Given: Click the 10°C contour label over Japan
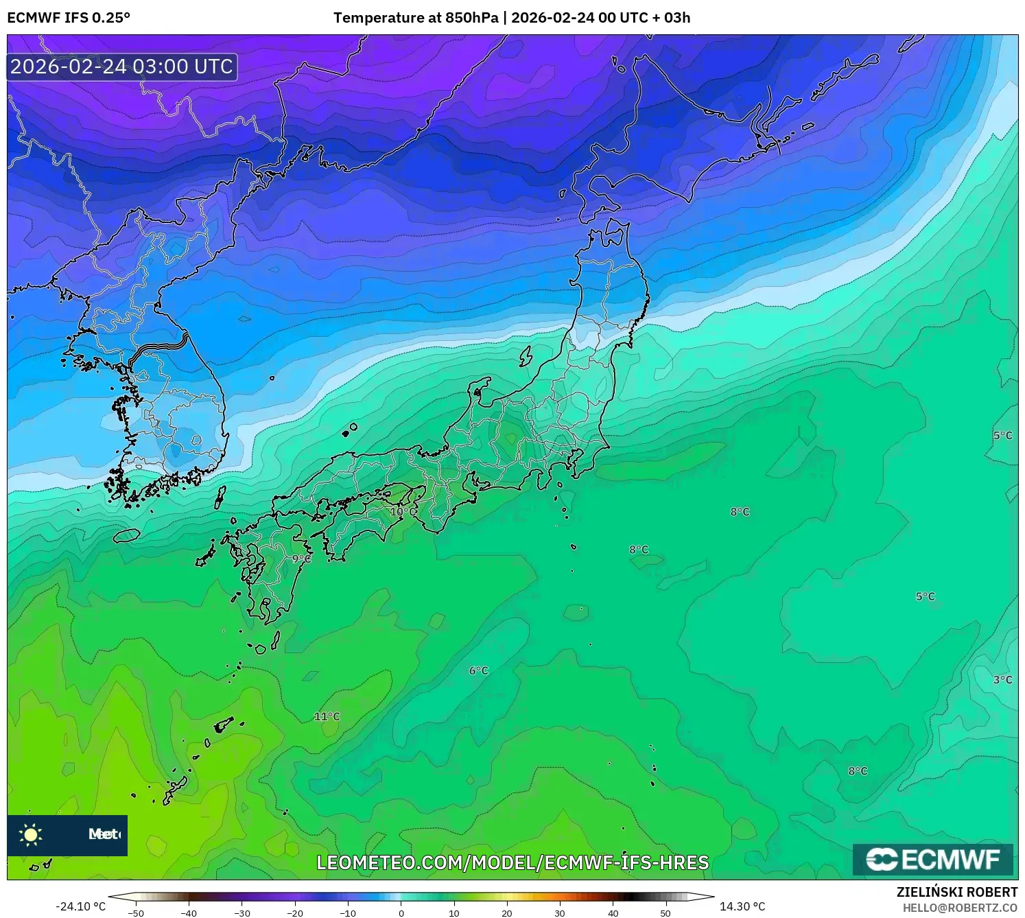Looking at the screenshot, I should [403, 512].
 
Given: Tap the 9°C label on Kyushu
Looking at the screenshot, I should [301, 559].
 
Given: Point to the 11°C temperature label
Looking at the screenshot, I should [327, 717].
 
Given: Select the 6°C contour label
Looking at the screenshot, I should [478, 671].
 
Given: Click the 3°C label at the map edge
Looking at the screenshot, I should [1002, 680].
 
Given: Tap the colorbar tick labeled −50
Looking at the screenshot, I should [136, 913].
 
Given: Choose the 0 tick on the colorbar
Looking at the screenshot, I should [401, 913].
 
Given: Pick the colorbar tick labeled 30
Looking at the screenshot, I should [560, 913].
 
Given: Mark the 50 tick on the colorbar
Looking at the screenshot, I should [665, 913].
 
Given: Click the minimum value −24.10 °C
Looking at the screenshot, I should [80, 906].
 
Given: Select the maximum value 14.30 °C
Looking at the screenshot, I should [742, 906].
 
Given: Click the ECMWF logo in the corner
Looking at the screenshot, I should [933, 860].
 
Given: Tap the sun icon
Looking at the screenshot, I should [31, 835].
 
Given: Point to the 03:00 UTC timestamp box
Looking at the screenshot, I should [122, 67].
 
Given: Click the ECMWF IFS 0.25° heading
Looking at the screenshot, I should [69, 18].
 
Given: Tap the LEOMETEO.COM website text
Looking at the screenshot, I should [512, 862].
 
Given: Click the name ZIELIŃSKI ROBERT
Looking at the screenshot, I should [956, 892].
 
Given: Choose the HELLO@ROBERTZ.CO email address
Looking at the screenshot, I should [960, 908].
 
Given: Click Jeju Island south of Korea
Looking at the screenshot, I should [127, 534].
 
